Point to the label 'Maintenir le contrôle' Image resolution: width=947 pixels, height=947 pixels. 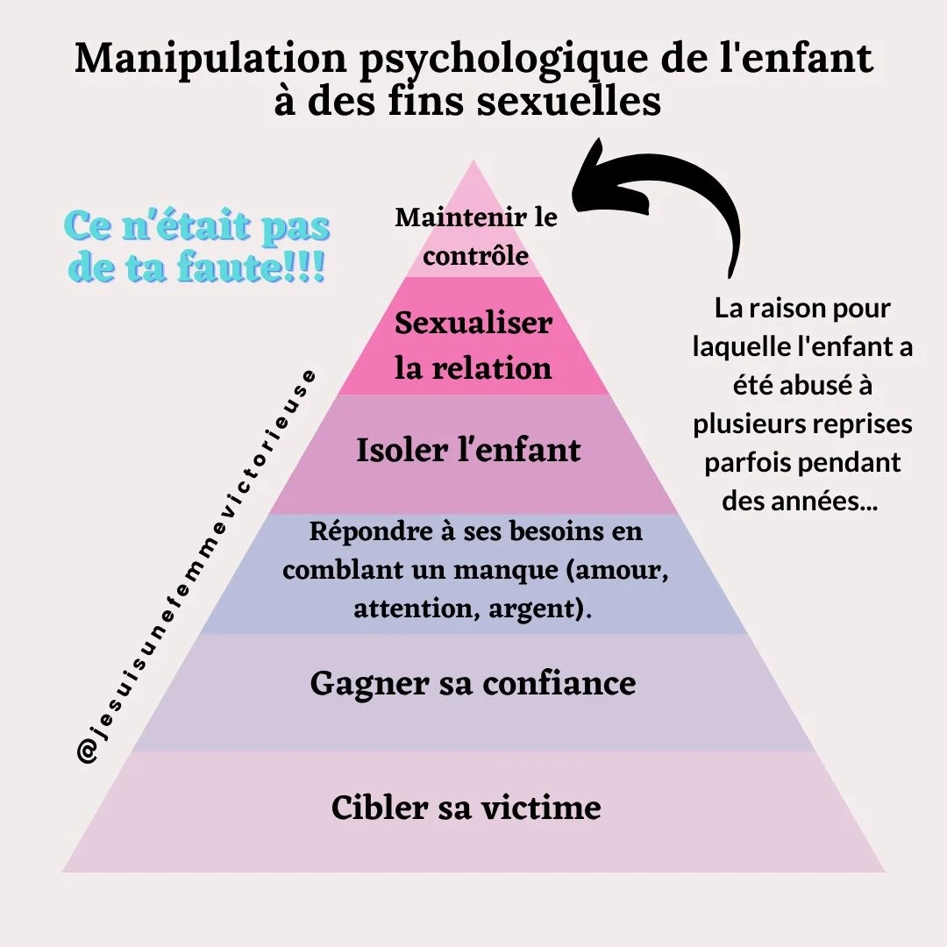click(x=476, y=236)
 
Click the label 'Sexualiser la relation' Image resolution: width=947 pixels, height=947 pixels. click(x=473, y=345)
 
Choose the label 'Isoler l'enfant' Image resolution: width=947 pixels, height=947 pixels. click(x=469, y=451)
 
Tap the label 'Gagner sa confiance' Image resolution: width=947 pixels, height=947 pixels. click(x=473, y=683)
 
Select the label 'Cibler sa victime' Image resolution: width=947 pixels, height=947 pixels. click(x=466, y=807)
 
